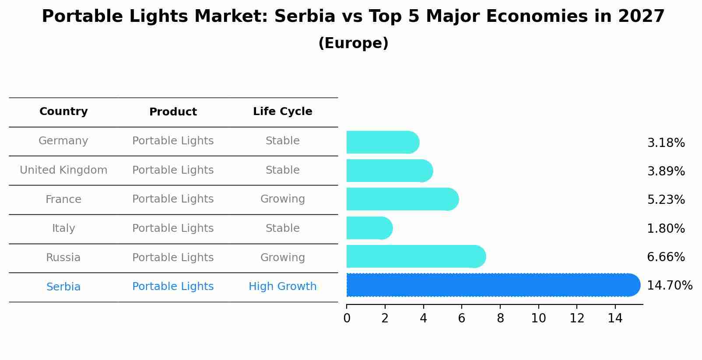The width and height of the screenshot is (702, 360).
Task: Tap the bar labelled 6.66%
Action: click(416, 257)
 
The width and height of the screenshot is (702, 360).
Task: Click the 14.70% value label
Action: click(669, 286)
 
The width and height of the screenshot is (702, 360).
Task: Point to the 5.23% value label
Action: click(666, 200)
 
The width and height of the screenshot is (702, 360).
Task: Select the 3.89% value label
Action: click(666, 171)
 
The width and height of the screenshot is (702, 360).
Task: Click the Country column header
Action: click(63, 112)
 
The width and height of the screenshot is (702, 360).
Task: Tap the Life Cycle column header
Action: click(282, 112)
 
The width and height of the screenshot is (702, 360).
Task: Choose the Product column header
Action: click(173, 112)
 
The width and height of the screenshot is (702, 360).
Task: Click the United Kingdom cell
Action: click(63, 170)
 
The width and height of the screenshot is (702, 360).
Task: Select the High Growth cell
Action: click(282, 287)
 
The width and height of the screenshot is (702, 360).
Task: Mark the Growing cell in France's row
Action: click(282, 199)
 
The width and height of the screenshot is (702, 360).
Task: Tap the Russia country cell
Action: click(63, 258)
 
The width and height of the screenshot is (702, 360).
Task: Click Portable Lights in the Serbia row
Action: click(173, 287)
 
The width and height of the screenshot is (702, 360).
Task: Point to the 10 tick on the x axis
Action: click(538, 318)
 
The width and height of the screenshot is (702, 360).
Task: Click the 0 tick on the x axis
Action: click(347, 318)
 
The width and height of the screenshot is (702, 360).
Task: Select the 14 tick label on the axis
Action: click(615, 318)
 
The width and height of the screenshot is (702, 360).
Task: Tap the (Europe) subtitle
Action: click(353, 43)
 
